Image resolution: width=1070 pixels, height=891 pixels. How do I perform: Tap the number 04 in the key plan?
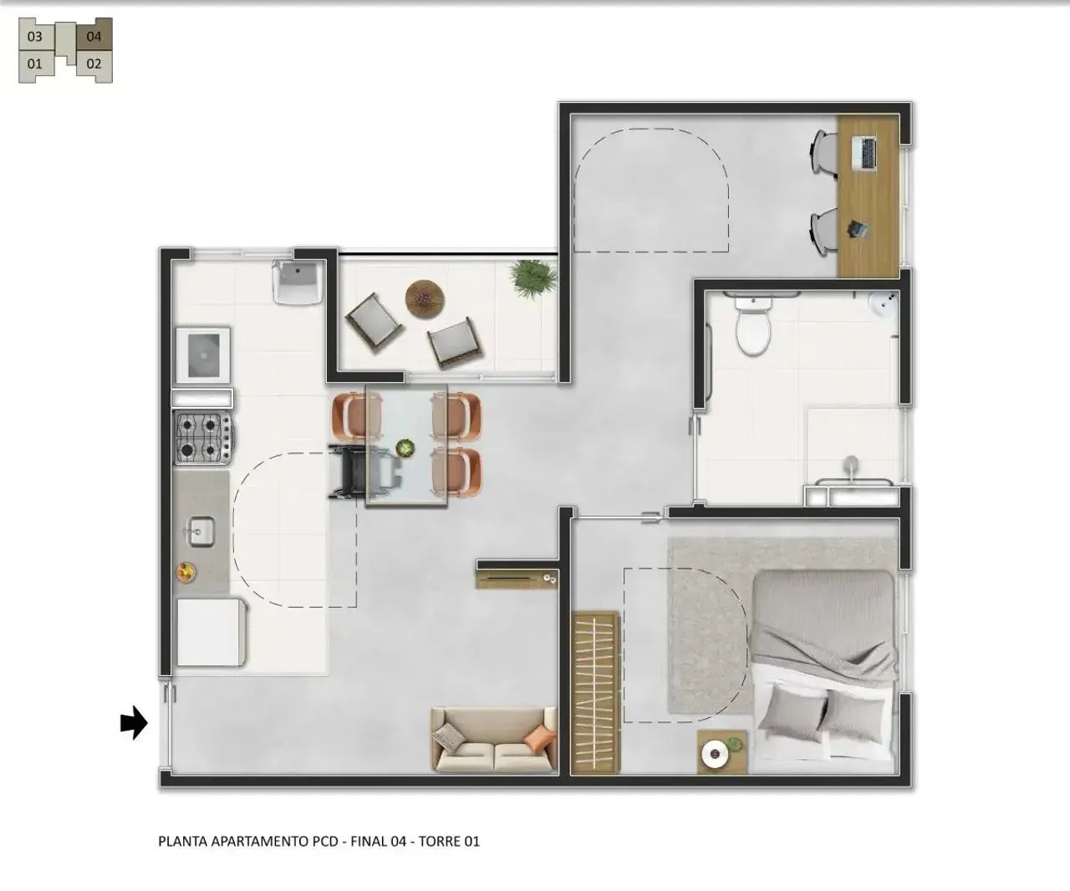(94, 37)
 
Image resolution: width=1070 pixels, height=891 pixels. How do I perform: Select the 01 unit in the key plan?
(35, 64)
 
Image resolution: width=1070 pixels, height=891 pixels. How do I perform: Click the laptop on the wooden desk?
(865, 152)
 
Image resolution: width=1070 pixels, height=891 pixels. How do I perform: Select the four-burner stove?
(204, 437)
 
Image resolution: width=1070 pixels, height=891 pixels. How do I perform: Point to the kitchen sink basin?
(201, 532)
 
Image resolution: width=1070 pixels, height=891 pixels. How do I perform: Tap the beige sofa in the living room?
(494, 740)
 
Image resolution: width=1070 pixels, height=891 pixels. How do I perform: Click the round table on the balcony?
(425, 299)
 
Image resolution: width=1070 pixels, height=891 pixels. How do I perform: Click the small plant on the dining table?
(405, 448)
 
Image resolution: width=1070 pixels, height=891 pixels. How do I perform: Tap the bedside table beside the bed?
(722, 752)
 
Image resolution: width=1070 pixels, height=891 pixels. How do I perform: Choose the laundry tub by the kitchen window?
(298, 282)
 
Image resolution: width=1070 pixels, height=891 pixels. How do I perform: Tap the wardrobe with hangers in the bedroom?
(595, 692)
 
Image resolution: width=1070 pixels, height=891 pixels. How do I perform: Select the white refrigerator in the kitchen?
(211, 632)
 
